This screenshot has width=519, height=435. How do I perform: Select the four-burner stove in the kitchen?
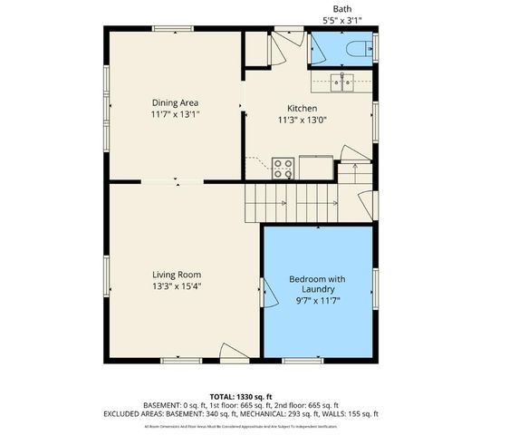click(x=284, y=169)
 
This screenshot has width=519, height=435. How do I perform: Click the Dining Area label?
click(x=175, y=102)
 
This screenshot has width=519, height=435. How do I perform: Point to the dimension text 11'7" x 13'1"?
click(x=175, y=115)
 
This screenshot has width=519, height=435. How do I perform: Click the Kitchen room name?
click(x=302, y=108)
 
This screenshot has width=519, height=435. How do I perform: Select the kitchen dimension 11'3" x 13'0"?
click(x=302, y=120)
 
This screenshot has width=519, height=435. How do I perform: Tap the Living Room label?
click(x=176, y=274)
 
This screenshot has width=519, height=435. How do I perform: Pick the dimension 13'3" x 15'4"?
click(x=176, y=286)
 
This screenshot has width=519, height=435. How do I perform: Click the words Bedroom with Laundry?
click(x=318, y=284)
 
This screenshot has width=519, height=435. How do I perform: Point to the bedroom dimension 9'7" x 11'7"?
click(x=318, y=301)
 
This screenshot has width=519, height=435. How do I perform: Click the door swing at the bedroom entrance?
click(x=268, y=291)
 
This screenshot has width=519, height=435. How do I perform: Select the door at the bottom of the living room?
click(x=234, y=354)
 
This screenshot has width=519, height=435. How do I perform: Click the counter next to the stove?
click(x=316, y=167)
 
